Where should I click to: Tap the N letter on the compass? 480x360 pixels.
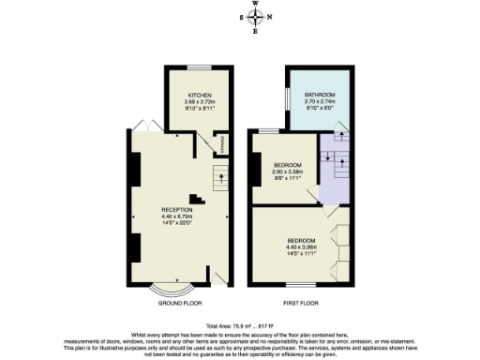pyautogui.click(x=270, y=17)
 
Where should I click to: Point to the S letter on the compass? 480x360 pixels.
pyautogui.click(x=242, y=17)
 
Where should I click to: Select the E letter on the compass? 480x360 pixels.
pyautogui.click(x=256, y=30)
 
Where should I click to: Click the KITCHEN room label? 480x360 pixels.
pyautogui.click(x=200, y=96)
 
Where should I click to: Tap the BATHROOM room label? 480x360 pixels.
pyautogui.click(x=320, y=96)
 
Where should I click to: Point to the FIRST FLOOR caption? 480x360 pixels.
pyautogui.click(x=302, y=304)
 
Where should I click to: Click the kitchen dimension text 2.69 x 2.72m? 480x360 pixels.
pyautogui.click(x=200, y=102)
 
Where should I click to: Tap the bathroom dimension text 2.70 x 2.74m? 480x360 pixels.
pyautogui.click(x=320, y=103)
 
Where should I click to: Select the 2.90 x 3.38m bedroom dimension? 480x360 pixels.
pyautogui.click(x=288, y=172)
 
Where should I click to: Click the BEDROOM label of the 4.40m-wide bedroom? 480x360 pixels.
pyautogui.click(x=302, y=241)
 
